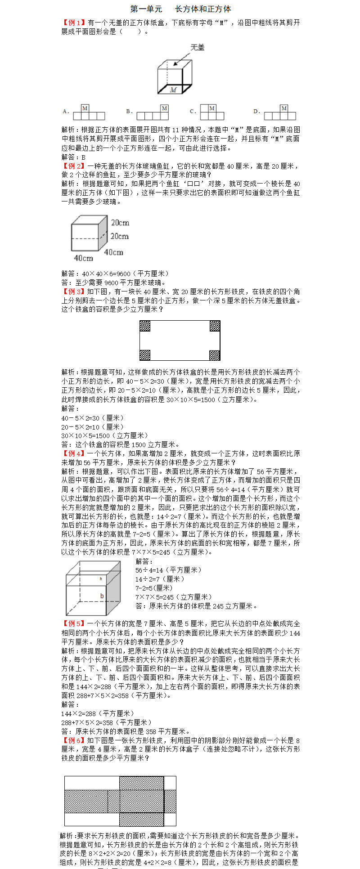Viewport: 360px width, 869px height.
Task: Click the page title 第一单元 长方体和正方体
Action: [180, 9]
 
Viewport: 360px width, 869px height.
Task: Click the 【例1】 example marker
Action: [73, 22]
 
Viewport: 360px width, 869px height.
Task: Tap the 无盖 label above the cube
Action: [197, 47]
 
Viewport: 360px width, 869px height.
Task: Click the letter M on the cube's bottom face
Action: [173, 90]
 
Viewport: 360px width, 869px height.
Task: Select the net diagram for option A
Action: [89, 112]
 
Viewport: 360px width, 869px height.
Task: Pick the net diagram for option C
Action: [215, 112]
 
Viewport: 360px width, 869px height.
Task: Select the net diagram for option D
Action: [280, 112]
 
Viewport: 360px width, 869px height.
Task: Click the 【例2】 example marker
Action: [73, 166]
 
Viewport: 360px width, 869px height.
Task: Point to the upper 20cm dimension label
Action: [120, 223]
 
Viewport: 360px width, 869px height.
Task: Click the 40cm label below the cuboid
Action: [83, 258]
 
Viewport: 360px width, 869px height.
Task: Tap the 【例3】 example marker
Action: [73, 291]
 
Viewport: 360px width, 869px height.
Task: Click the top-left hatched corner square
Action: [145, 326]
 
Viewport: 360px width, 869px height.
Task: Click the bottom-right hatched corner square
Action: [215, 355]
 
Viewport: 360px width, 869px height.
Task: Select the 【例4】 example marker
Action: [73, 453]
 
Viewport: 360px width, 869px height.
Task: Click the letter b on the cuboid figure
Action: [102, 596]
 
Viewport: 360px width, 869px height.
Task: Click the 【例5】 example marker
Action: [73, 623]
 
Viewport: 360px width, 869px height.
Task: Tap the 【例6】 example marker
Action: [73, 740]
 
